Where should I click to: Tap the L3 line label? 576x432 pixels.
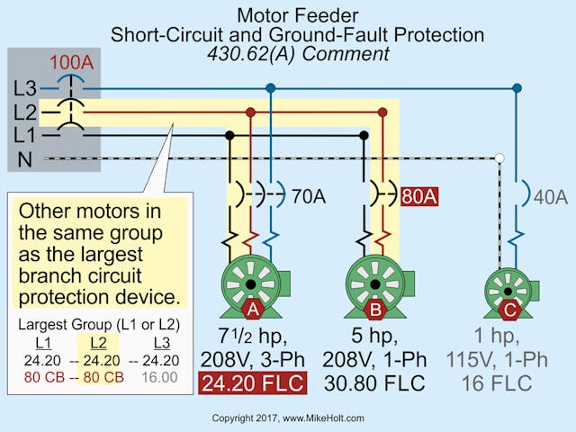pyautogui.click(x=25, y=88)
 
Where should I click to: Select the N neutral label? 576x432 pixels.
pyautogui.click(x=23, y=159)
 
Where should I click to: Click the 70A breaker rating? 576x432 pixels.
pyautogui.click(x=308, y=194)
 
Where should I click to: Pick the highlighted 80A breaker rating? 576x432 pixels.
pyautogui.click(x=419, y=195)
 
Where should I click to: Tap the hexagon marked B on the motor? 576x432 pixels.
pyautogui.click(x=374, y=310)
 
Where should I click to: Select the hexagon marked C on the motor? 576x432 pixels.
pyautogui.click(x=508, y=310)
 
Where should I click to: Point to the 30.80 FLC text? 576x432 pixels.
pyautogui.click(x=374, y=383)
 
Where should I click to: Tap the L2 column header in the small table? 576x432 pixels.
pyautogui.click(x=99, y=343)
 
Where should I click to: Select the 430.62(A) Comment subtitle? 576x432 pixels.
pyautogui.click(x=297, y=54)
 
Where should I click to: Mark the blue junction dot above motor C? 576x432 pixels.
pyautogui.click(x=517, y=88)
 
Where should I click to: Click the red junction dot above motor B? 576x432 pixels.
pyautogui.click(x=383, y=112)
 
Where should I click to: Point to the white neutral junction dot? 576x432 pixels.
pyautogui.click(x=499, y=158)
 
